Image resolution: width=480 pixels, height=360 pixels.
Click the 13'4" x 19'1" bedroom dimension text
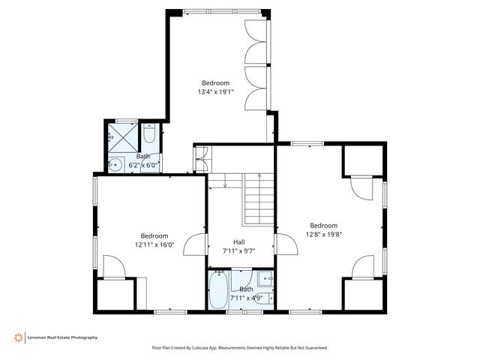tap(215, 91)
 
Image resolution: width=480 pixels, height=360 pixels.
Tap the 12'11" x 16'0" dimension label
tap(154, 244)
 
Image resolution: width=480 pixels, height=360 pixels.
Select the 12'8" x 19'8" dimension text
tap(324, 235)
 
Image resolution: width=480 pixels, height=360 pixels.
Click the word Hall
tap(239, 242)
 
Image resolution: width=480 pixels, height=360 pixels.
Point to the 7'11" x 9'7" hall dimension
tap(238, 251)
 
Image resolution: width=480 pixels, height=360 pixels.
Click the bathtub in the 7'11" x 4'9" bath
tap(218, 289)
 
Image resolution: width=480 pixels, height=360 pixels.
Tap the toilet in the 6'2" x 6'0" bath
tap(150, 133)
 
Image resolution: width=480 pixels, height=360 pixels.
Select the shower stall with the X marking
tap(123, 137)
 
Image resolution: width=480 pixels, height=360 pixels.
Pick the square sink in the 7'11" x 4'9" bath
tap(265, 278)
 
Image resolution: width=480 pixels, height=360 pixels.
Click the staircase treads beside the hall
tap(259, 199)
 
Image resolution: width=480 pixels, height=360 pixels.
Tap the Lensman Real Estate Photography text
tap(62, 337)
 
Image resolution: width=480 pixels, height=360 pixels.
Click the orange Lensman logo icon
tap(18, 337)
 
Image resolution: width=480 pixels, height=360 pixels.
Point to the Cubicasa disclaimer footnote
tap(240, 348)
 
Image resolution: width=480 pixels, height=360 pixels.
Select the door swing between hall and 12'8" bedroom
tap(286, 244)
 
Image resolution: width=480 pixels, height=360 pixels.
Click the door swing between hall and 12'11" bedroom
tap(195, 244)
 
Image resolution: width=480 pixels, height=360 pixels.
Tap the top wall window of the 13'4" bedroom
tap(223, 11)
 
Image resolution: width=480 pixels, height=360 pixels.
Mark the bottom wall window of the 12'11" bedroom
tap(170, 312)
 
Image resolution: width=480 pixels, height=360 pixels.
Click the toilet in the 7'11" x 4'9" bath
tap(268, 298)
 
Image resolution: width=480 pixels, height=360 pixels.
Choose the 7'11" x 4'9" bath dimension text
tap(247, 298)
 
